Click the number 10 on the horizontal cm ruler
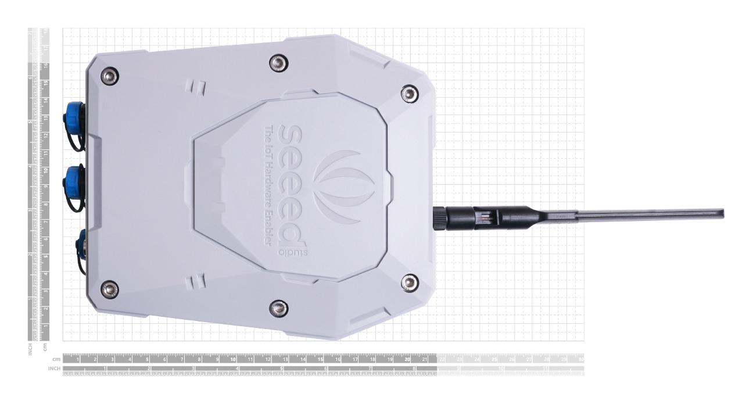[232, 359]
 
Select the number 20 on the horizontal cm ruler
[407, 359]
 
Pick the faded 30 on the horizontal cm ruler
[580, 359]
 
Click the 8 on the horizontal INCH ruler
[414, 369]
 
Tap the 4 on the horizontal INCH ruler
[237, 369]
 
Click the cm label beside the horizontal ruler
[56, 359]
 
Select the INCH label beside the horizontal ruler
[54, 369]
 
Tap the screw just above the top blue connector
[109, 74]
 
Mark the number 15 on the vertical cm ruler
[45, 82]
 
